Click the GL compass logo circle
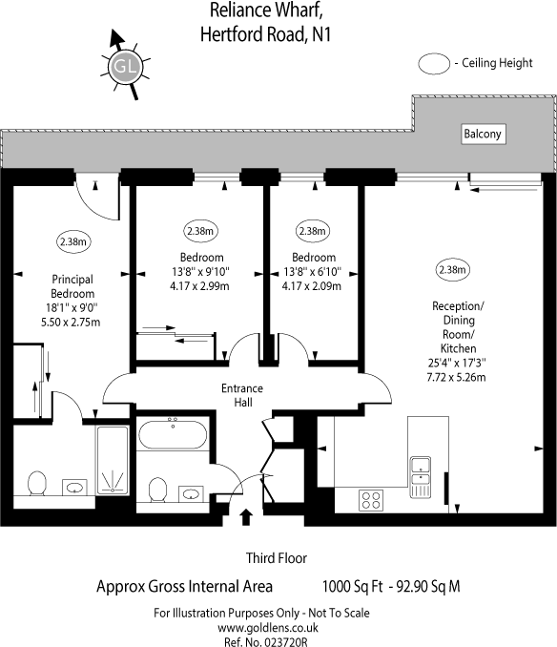pyautogui.click(x=125, y=67)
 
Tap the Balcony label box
pyautogui.click(x=484, y=135)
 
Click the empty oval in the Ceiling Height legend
pyautogui.click(x=434, y=64)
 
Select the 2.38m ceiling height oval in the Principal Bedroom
pyautogui.click(x=73, y=241)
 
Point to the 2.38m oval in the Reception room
pyautogui.click(x=453, y=270)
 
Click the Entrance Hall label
pyautogui.click(x=242, y=395)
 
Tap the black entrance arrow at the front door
pyautogui.click(x=246, y=516)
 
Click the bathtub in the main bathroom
pyautogui.click(x=173, y=434)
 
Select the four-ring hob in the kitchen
pyautogui.click(x=371, y=500)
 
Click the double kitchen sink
pyautogui.click(x=420, y=476)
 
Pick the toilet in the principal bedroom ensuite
pyautogui.click(x=36, y=483)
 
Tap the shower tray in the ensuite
pyautogui.click(x=113, y=460)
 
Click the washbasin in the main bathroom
pyautogui.click(x=191, y=493)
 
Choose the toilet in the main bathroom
pyautogui.click(x=157, y=490)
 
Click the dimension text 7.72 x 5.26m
pyautogui.click(x=456, y=377)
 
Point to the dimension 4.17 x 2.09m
pyautogui.click(x=312, y=286)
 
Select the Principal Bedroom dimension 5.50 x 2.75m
pyautogui.click(x=71, y=323)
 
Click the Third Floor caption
pyautogui.click(x=277, y=558)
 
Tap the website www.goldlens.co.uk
pyautogui.click(x=268, y=628)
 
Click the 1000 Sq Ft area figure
pyautogui.click(x=353, y=586)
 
